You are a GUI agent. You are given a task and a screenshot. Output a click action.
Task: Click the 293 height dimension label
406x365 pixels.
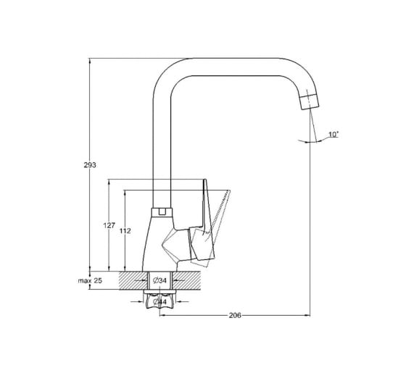(x=90, y=165)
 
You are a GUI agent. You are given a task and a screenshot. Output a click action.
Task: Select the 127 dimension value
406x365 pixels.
(x=109, y=225)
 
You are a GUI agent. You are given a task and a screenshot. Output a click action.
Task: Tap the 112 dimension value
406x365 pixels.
(x=125, y=231)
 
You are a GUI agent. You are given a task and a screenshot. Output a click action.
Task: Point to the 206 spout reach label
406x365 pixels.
(x=235, y=315)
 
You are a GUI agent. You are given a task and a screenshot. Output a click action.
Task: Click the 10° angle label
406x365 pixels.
(x=333, y=135)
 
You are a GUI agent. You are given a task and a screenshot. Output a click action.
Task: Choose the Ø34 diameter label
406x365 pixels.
(x=159, y=280)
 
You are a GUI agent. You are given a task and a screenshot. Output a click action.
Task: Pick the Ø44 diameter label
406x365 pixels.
(x=159, y=301)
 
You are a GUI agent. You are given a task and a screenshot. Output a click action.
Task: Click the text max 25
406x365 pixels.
(x=90, y=280)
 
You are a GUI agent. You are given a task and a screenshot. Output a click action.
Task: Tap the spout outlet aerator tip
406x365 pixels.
(x=310, y=101)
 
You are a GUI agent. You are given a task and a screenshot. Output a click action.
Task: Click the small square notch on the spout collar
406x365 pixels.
(x=162, y=212)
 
